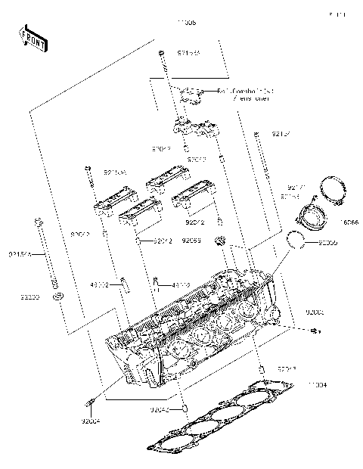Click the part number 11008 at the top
pos(186,23)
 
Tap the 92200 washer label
pos(31,297)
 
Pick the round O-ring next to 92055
pos(299,241)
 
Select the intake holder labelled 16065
pos(312,220)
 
